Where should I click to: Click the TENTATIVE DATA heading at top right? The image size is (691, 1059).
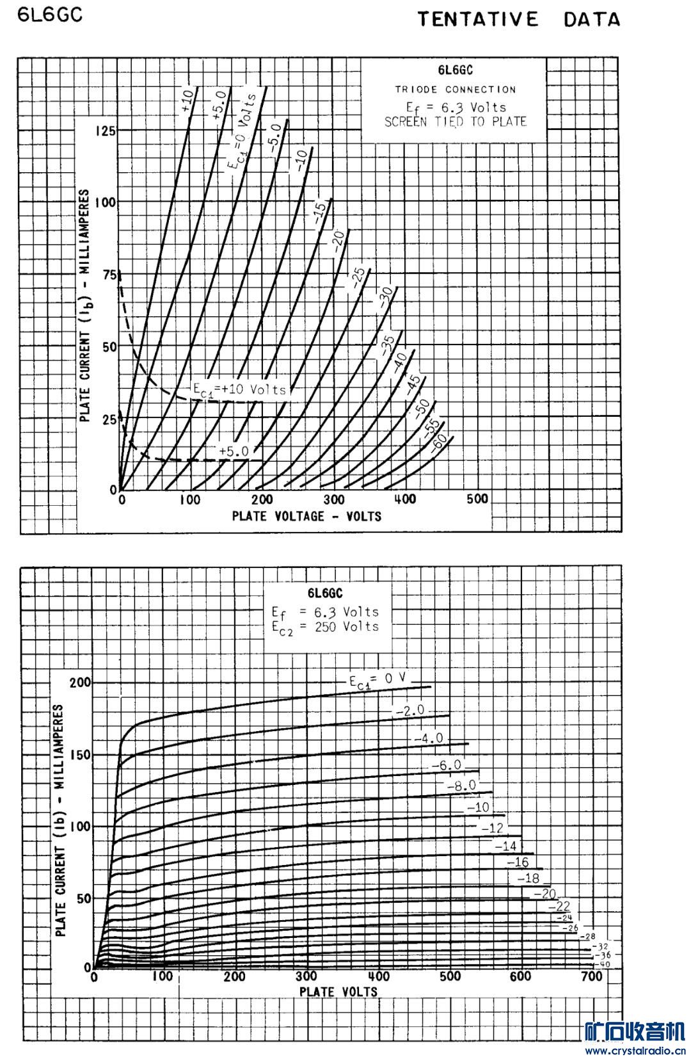point(519,19)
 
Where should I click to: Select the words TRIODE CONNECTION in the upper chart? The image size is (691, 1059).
point(455,90)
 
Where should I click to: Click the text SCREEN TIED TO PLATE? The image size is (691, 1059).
point(455,122)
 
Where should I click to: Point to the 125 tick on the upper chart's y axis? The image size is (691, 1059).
point(105,131)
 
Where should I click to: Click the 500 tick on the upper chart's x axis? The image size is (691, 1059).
point(476,499)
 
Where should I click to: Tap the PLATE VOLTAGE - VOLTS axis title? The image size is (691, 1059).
point(306,516)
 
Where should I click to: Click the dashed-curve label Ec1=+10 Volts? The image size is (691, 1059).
point(240,389)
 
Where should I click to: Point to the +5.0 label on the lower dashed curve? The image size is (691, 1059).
point(234,451)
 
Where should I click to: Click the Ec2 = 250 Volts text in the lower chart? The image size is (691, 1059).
point(325,627)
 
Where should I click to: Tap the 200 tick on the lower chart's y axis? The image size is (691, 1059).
point(81,683)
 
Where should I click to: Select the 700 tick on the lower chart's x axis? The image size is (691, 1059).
point(592,976)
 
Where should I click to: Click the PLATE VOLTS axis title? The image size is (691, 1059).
point(338,992)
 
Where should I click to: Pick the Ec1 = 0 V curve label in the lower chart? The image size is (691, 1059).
point(377,681)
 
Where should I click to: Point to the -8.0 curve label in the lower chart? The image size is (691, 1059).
point(461,786)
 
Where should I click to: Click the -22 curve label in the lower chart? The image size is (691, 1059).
point(559,907)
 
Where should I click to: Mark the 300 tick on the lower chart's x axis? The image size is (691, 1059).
point(307,976)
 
